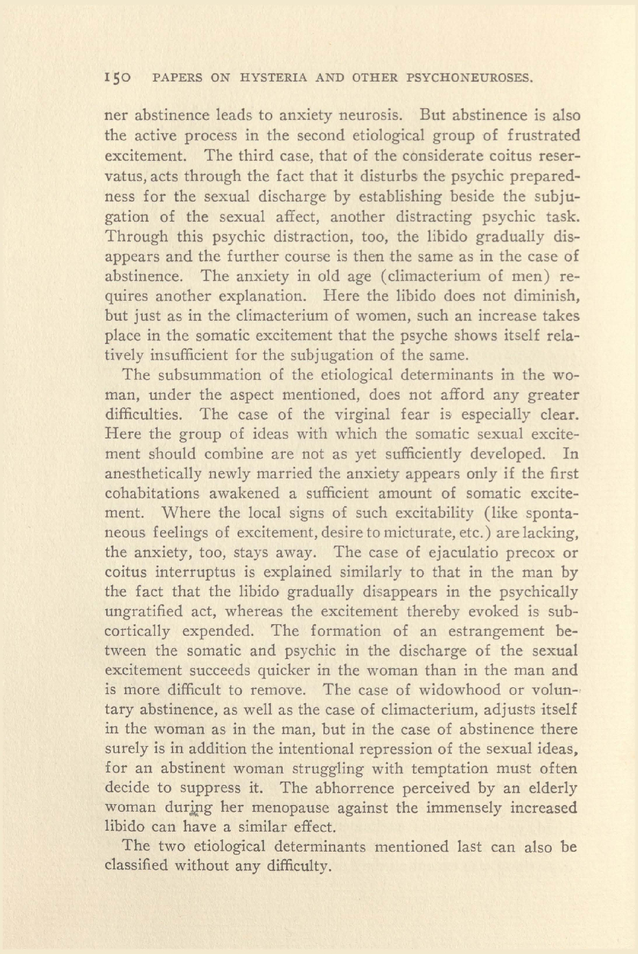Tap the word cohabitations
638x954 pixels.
[149, 494]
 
